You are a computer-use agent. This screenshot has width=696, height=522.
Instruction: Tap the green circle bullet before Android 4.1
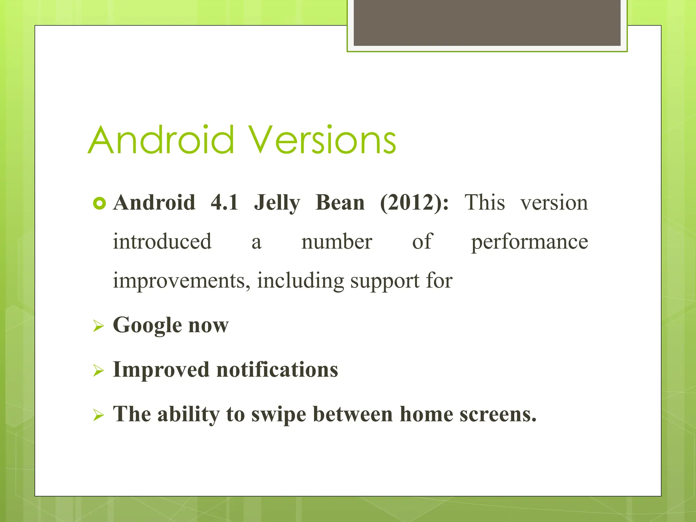[99, 204]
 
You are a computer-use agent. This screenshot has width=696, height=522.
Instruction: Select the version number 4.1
[224, 203]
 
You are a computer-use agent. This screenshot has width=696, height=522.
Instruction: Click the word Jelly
[277, 203]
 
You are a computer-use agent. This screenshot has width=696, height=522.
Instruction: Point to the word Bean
[340, 203]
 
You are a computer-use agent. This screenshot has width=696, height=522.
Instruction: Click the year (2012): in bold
[414, 203]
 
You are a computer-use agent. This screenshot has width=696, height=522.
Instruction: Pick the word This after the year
[485, 203]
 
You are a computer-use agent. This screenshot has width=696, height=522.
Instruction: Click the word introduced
[162, 242]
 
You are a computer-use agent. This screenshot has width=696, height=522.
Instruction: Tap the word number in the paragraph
[336, 242]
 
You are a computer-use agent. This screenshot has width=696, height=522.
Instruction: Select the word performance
[529, 242]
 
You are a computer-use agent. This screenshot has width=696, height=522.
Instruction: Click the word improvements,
[182, 281]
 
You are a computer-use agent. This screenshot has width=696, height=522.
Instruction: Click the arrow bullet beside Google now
[98, 327]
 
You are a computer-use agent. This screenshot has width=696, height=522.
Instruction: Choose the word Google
[147, 326]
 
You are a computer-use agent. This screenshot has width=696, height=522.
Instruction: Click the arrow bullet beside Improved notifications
[98, 371]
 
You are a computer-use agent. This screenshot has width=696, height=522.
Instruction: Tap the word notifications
[277, 369]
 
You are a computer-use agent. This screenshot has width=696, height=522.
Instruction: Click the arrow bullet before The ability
[98, 415]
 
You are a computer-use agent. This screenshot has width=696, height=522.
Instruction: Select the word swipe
[279, 415]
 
